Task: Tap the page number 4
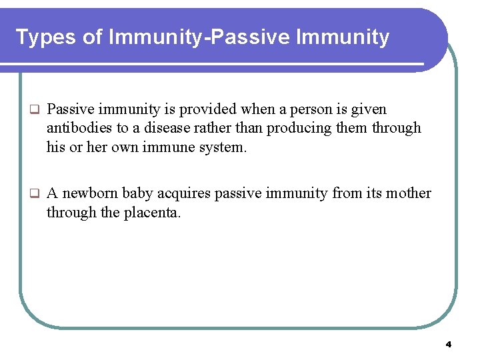click(448, 344)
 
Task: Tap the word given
click(369, 109)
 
